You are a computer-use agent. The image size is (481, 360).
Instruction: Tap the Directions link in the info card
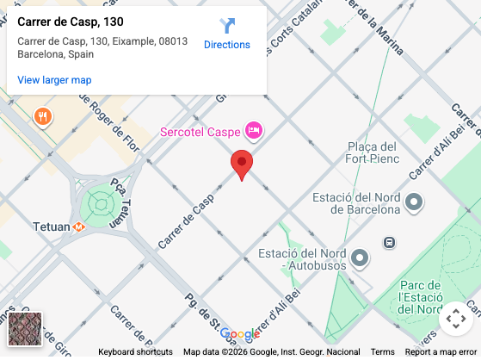227,45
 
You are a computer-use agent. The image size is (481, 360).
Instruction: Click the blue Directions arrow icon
227,26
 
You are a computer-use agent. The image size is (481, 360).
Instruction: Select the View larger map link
54,80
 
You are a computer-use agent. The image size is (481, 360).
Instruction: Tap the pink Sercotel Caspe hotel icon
253,131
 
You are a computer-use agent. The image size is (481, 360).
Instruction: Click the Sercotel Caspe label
200,132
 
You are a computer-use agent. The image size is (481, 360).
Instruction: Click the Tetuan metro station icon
79,227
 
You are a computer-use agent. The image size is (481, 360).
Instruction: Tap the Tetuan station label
50,227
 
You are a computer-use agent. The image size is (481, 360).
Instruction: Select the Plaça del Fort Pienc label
371,152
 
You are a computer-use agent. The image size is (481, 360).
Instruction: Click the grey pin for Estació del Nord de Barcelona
414,202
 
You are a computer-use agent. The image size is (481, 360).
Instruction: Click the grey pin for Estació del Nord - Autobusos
360,258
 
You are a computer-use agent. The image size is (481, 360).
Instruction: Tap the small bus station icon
390,243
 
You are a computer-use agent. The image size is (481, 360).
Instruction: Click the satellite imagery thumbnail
25,329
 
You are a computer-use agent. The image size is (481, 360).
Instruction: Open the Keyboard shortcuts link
135,352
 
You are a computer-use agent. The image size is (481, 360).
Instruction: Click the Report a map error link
441,352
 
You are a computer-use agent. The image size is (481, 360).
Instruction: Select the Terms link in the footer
383,352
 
